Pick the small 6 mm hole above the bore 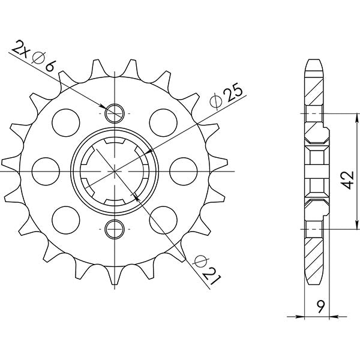click(114, 112)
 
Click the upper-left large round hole click(65, 121)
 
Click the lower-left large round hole click(65, 219)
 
